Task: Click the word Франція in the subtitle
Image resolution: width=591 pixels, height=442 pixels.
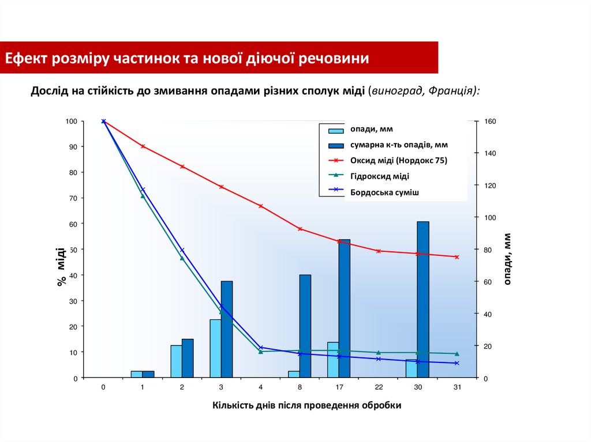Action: tap(452, 91)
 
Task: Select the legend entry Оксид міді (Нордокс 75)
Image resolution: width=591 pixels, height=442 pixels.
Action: tap(398, 161)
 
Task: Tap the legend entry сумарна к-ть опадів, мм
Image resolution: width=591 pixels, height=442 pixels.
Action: tap(399, 145)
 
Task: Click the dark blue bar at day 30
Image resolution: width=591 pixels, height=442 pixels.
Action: tap(423, 300)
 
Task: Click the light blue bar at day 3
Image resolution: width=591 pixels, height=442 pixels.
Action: tap(215, 348)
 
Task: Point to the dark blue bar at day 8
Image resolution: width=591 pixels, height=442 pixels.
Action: tap(305, 326)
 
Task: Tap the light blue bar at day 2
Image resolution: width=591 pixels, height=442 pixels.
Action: tap(176, 361)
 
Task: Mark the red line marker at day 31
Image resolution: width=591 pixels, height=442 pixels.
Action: tap(457, 257)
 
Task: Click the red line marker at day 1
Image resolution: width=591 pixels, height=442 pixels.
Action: tap(143, 146)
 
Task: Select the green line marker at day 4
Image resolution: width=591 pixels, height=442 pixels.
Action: tap(260, 352)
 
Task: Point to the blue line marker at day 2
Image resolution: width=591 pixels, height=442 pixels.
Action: tap(182, 250)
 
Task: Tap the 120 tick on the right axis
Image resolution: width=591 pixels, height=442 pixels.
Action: tap(485, 186)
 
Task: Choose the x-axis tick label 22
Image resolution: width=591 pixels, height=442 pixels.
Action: tap(378, 387)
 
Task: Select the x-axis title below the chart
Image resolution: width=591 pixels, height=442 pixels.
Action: tap(306, 405)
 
